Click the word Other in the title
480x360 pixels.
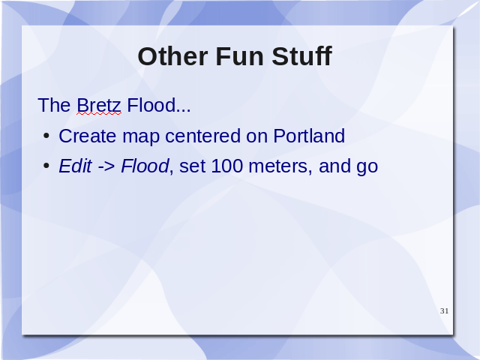click(x=173, y=56)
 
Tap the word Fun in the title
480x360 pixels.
click(x=240, y=56)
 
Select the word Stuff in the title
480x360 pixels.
click(x=301, y=56)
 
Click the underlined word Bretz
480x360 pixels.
click(x=99, y=105)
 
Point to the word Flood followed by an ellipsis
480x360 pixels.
click(x=159, y=105)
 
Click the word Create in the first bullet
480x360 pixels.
click(x=88, y=136)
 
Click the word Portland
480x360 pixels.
click(x=309, y=136)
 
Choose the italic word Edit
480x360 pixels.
click(x=75, y=166)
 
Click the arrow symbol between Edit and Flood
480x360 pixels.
click(x=106, y=166)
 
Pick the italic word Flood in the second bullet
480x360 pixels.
click(x=145, y=166)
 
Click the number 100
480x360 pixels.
click(x=226, y=166)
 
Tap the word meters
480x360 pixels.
click(x=280, y=166)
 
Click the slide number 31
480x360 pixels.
click(x=445, y=311)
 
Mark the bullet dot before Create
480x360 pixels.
click(x=46, y=136)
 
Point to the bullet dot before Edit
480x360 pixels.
click(x=46, y=166)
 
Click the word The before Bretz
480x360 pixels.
click(x=54, y=105)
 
